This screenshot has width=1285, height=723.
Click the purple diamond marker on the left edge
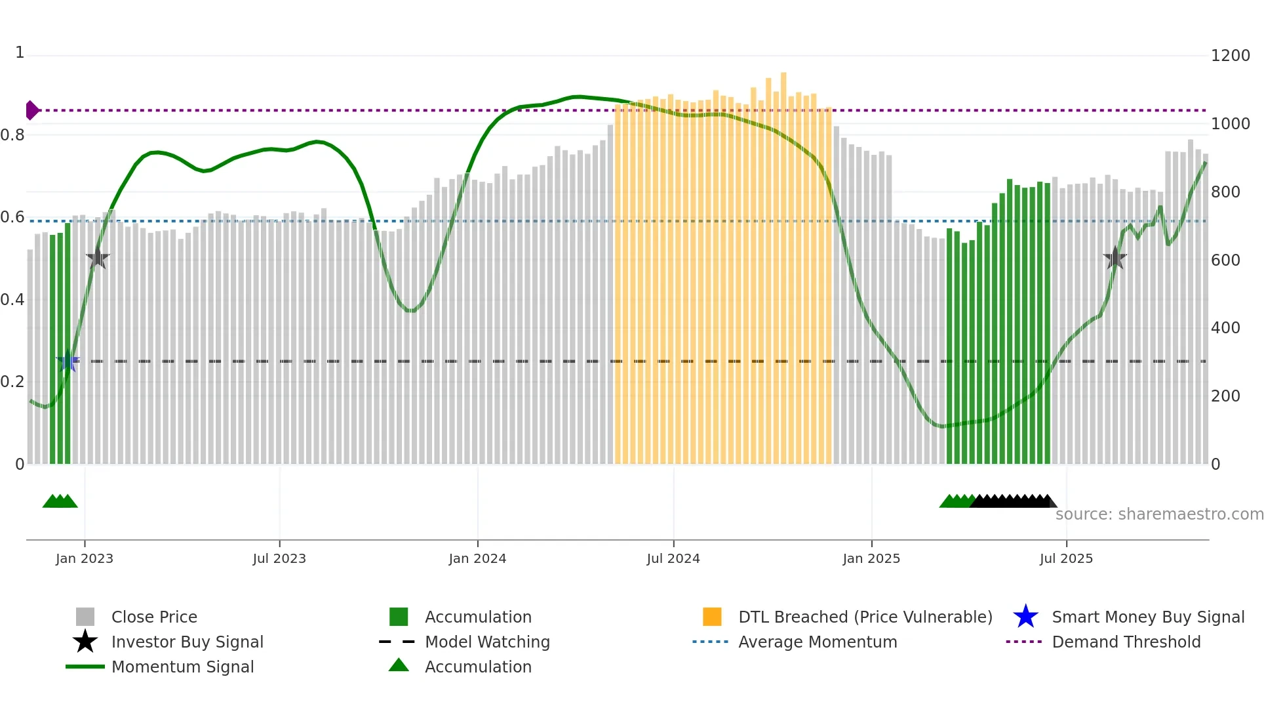(x=31, y=110)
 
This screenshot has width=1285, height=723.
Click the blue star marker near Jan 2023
(x=68, y=361)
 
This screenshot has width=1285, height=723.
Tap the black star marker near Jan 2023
(x=98, y=258)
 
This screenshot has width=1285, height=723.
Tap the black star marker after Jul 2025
(x=1115, y=258)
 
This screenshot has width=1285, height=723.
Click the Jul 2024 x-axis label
(x=673, y=558)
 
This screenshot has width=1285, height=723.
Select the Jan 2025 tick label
(x=871, y=558)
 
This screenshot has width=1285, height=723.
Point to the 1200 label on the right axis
(x=1230, y=56)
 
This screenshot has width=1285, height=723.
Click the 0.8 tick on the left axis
(x=12, y=135)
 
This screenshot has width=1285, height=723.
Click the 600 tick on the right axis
(x=1225, y=260)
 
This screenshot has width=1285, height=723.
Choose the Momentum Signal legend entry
(x=182, y=667)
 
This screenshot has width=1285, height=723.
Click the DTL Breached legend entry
(x=865, y=617)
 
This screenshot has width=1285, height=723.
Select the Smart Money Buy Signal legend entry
(x=1147, y=617)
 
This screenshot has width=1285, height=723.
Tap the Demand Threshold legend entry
(x=1126, y=642)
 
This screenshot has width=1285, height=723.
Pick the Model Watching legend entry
(x=486, y=642)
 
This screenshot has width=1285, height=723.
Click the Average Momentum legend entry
(x=817, y=642)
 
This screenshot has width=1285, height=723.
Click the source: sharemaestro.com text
(x=1159, y=514)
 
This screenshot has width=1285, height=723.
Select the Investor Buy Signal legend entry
(x=187, y=642)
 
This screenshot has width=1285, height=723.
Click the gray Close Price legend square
(x=85, y=617)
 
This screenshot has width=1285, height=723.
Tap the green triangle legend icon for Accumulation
(x=399, y=665)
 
